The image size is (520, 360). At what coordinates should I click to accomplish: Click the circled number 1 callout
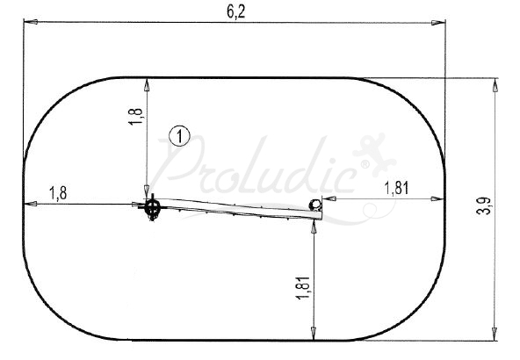click(179, 136)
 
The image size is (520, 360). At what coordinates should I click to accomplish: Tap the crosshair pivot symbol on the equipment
click(153, 208)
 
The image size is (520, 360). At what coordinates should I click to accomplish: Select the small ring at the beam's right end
click(314, 205)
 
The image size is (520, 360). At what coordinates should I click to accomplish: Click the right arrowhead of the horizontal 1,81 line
click(442, 198)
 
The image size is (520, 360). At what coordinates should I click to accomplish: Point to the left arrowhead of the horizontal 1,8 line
click(28, 204)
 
